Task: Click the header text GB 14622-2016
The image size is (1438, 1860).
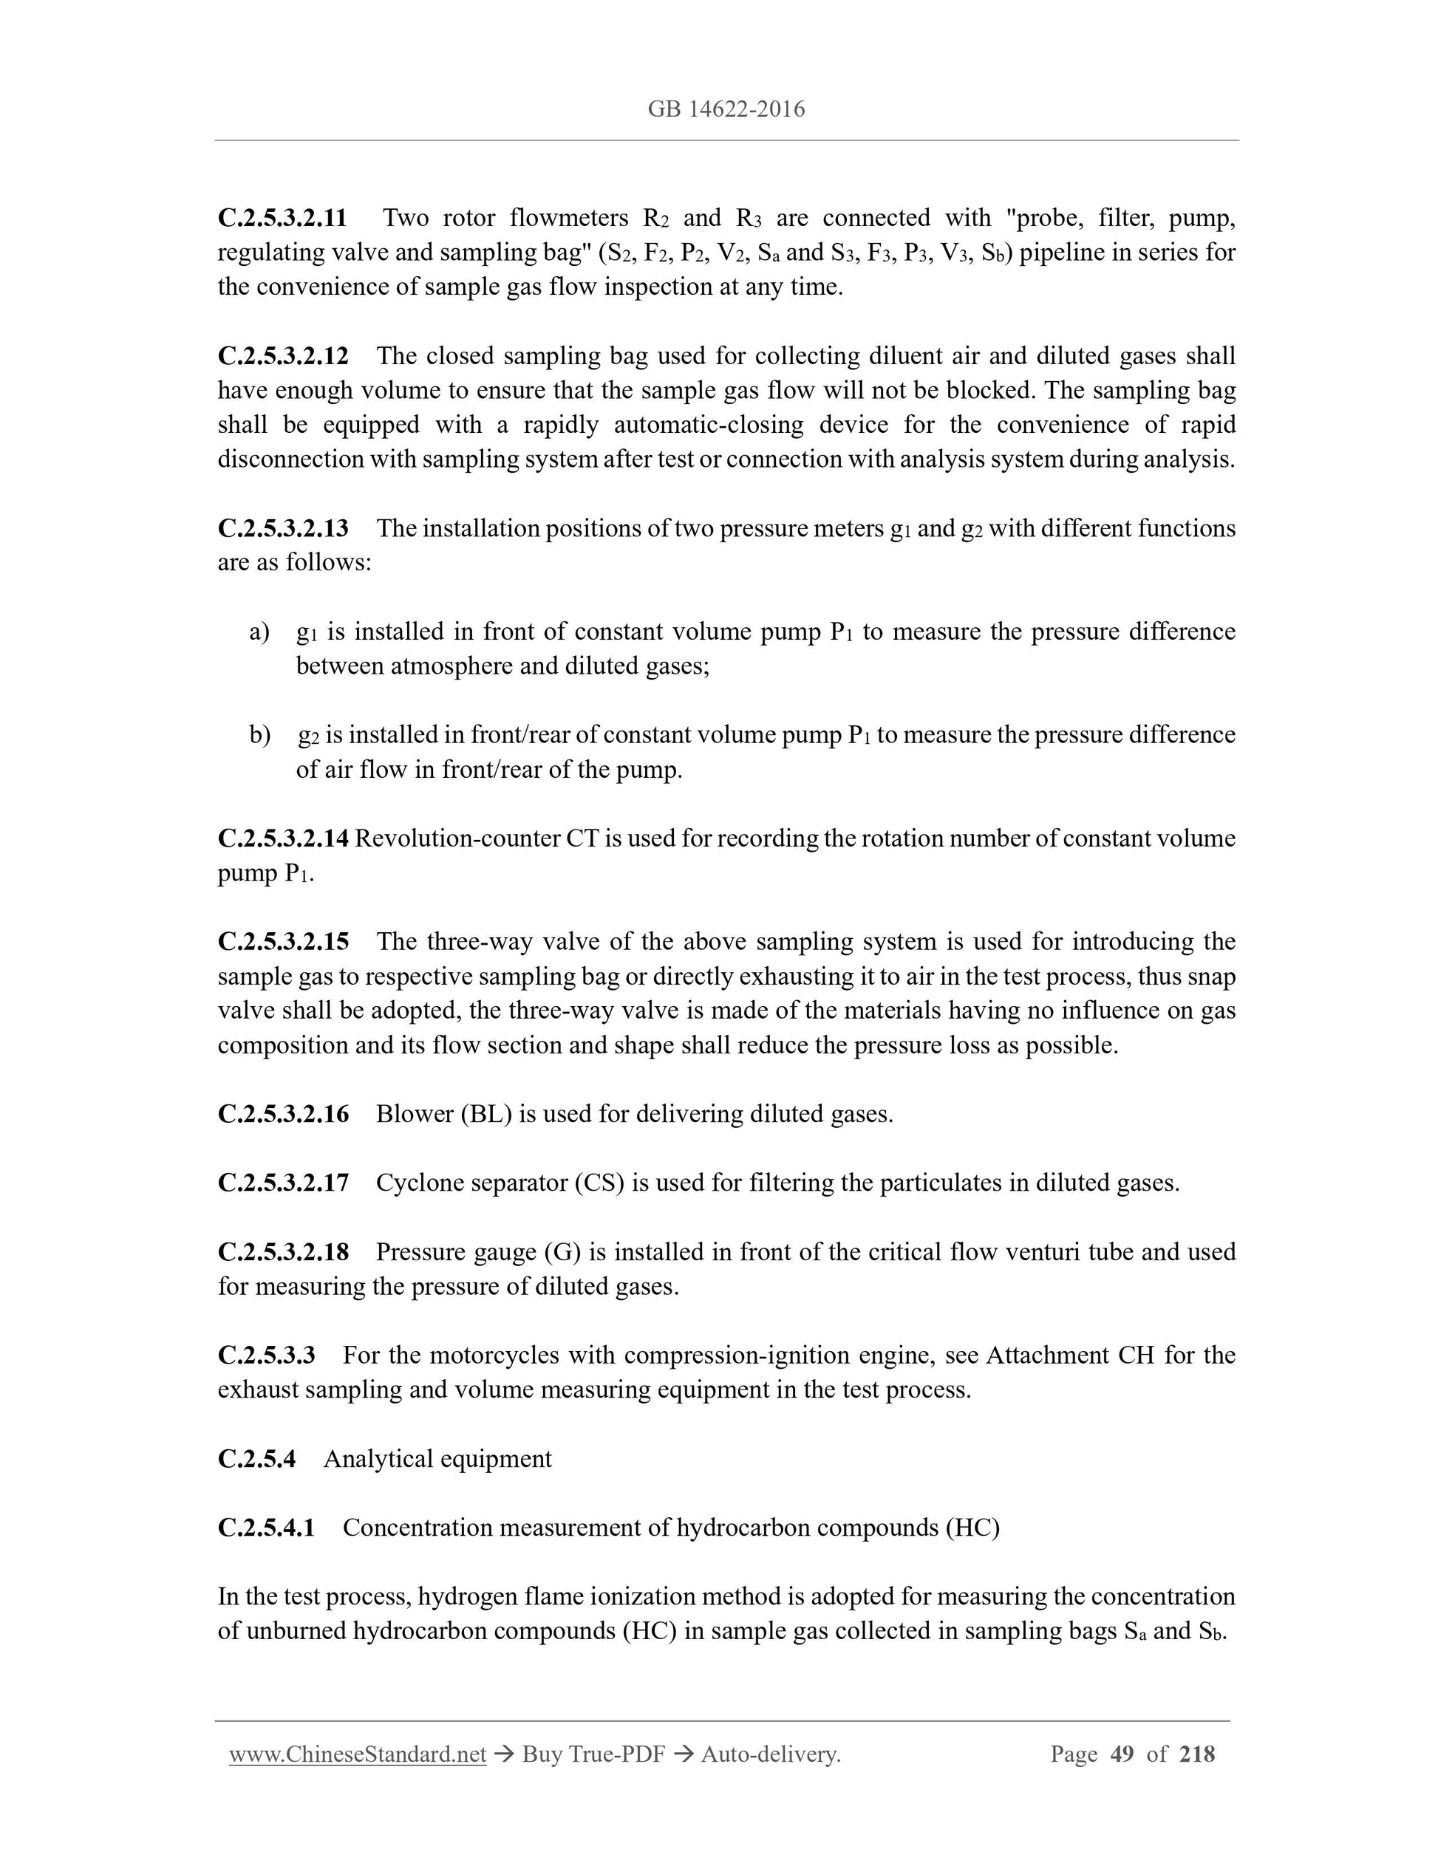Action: (x=726, y=109)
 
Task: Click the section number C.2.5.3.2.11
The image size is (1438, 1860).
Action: (x=282, y=218)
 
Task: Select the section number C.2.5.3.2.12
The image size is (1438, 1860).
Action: (x=283, y=356)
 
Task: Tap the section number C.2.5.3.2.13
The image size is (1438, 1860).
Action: (x=283, y=528)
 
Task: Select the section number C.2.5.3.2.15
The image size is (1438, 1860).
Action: (x=283, y=941)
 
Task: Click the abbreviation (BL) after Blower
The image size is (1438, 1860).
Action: (x=485, y=1114)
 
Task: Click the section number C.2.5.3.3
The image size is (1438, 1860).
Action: (x=266, y=1355)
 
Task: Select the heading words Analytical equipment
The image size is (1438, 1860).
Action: (x=437, y=1459)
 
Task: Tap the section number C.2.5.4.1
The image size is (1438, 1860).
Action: (x=266, y=1528)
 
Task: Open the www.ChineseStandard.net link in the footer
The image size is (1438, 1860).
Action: (x=357, y=1754)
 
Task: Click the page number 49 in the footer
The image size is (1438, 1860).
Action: (x=1122, y=1754)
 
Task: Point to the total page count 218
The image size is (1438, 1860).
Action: (x=1197, y=1754)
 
